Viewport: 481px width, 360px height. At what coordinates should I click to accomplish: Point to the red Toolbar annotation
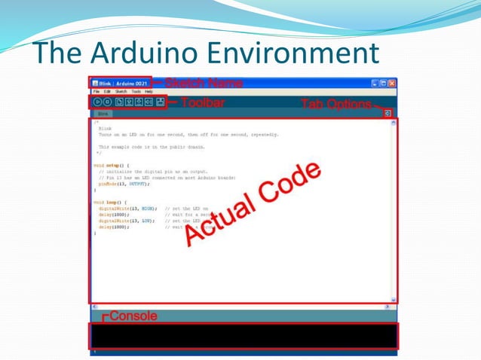202,102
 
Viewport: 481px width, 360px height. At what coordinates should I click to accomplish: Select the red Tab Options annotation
335,104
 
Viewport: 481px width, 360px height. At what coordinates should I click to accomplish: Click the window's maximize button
383,83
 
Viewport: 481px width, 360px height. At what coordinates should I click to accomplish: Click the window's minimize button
375,83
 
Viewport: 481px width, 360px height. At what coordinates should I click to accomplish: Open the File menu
96,91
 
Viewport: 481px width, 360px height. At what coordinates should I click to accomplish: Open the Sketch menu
121,91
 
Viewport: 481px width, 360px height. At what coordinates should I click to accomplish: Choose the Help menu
149,91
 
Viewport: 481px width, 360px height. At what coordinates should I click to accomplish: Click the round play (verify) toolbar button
97,101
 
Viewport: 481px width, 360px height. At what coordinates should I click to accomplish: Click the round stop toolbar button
108,101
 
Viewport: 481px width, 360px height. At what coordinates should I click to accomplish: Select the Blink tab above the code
102,113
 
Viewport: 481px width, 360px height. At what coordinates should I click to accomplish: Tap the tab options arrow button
388,113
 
